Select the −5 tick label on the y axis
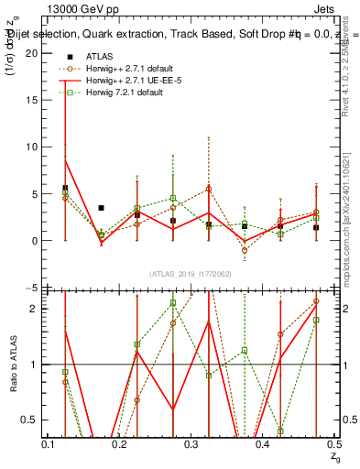(31, 289)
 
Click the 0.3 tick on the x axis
(191, 443)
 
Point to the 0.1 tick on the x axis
(48, 443)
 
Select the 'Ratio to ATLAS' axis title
(13, 365)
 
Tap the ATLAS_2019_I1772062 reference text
(191, 274)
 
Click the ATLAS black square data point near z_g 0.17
(101, 208)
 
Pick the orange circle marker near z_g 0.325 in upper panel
(209, 189)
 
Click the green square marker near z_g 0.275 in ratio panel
(172, 303)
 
